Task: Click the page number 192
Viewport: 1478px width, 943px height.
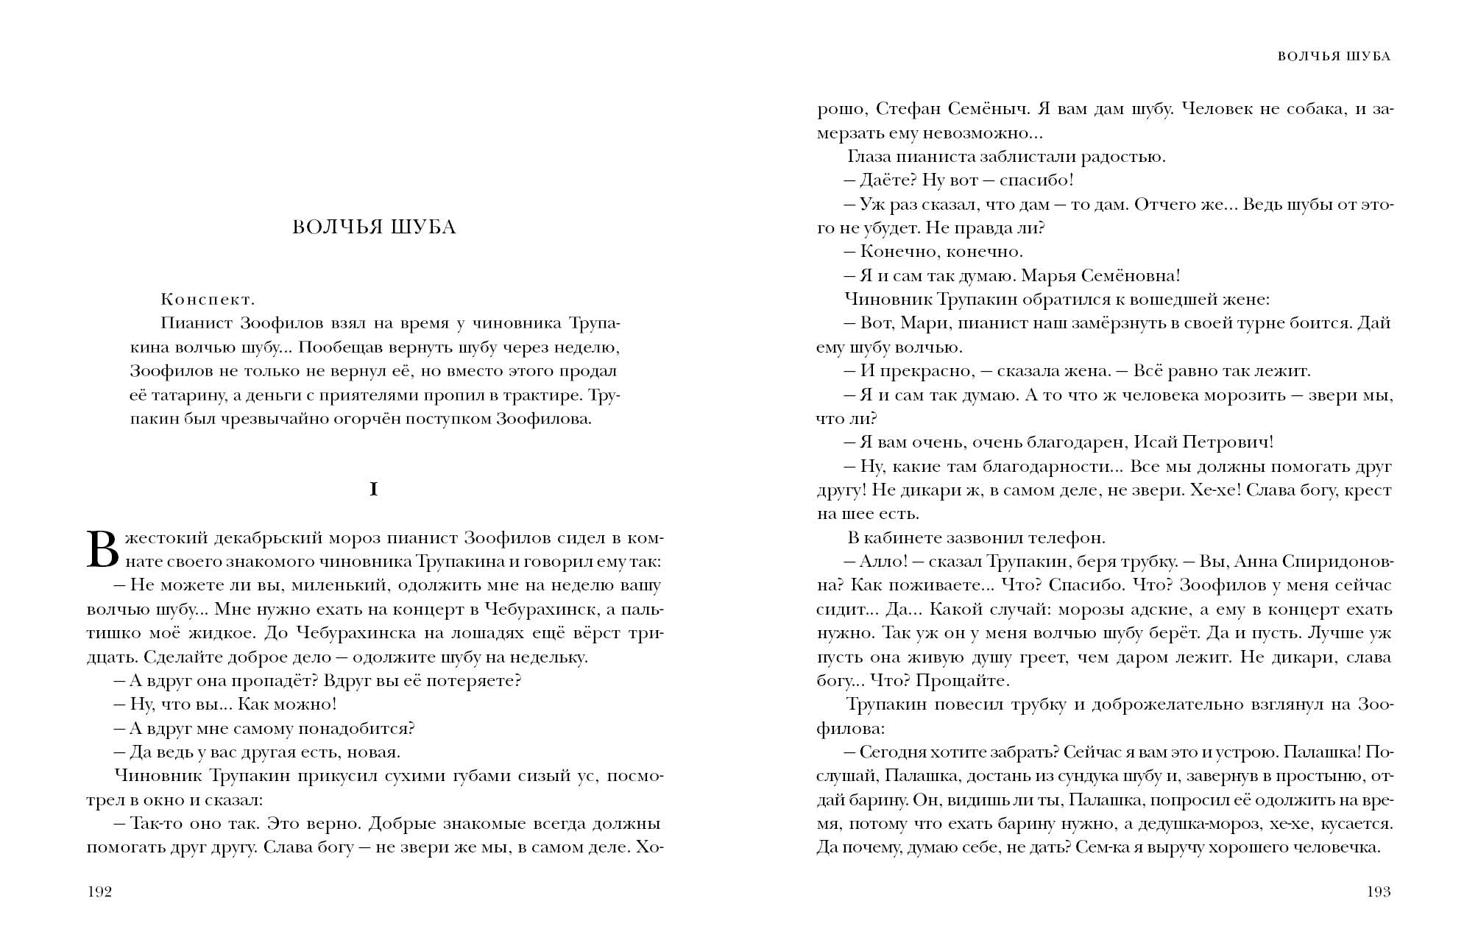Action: pyautogui.click(x=99, y=892)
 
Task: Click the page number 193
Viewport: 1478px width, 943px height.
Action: pyautogui.click(x=1378, y=892)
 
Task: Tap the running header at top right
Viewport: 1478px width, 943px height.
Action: pyautogui.click(x=1334, y=57)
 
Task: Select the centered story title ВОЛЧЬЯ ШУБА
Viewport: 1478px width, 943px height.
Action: pyautogui.click(x=374, y=227)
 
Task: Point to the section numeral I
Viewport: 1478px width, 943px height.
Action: pyautogui.click(x=374, y=490)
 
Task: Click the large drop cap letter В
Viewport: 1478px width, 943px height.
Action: pyautogui.click(x=102, y=550)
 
